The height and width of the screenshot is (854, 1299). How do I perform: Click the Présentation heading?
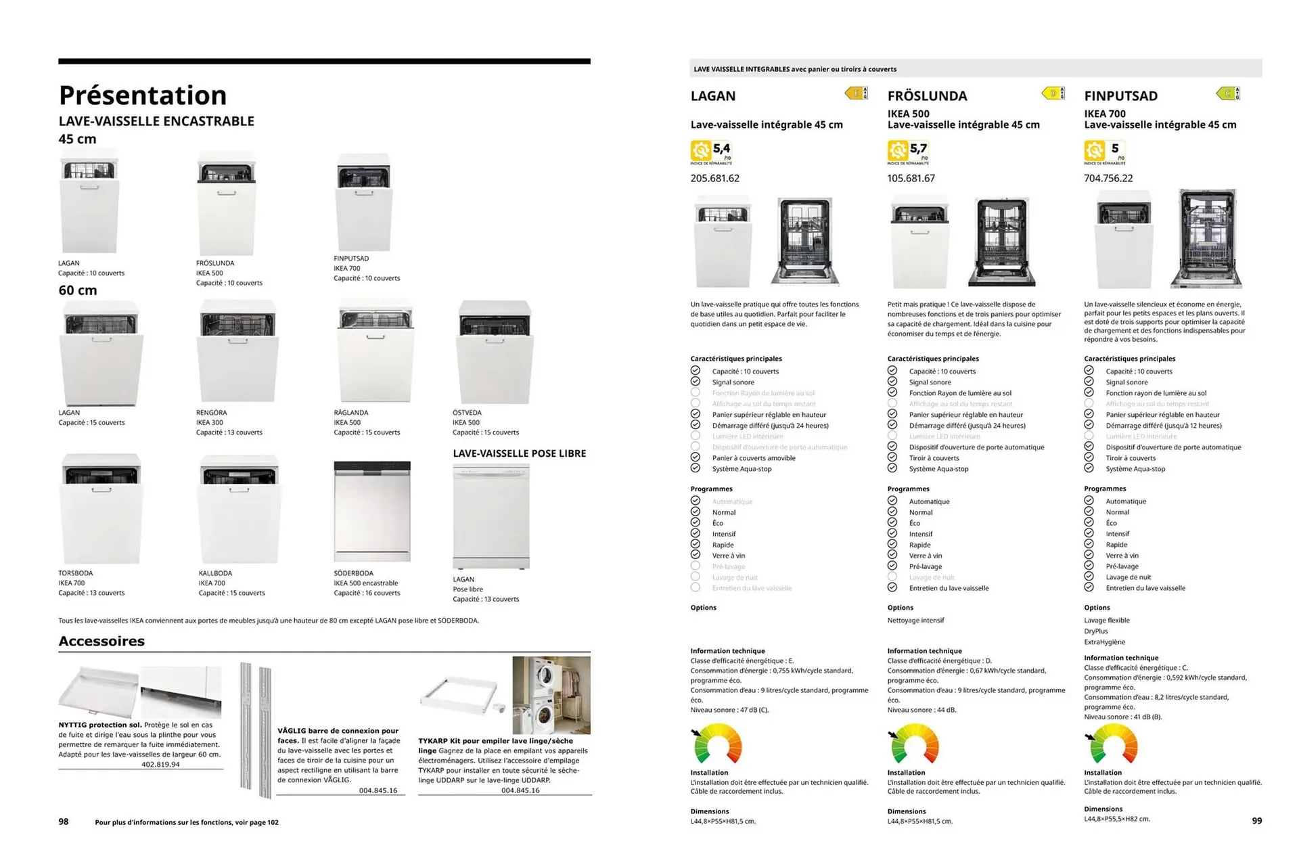143,95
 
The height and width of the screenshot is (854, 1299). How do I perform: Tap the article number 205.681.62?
714,178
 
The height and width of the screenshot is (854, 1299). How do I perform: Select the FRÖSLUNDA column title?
927,96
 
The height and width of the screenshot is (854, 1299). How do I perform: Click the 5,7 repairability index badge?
909,150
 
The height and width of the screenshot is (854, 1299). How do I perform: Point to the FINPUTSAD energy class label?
1228,93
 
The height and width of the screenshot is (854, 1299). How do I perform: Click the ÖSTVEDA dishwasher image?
495,352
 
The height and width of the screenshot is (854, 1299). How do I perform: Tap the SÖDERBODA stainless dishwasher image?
372,512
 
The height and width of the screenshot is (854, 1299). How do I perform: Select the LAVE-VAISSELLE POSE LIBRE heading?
519,453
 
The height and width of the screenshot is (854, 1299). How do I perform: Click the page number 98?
64,822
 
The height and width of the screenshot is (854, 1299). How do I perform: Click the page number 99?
1256,820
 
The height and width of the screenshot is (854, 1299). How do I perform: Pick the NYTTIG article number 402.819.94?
160,764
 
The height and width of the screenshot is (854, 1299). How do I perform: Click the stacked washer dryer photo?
551,695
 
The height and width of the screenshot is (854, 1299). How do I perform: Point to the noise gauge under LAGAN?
717,744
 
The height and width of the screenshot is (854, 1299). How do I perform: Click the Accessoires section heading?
101,641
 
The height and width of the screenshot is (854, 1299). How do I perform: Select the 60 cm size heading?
78,290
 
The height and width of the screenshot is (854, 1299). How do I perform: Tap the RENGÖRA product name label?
211,412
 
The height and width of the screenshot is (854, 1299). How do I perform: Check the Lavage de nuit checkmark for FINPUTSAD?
1089,577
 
